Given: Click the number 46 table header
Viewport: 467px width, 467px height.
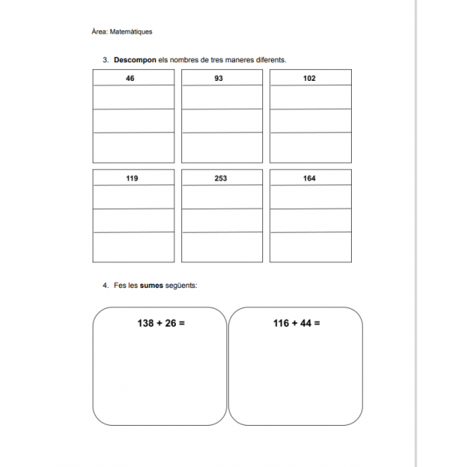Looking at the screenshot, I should click(130, 79).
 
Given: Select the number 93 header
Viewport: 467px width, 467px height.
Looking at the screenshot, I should click(219, 79).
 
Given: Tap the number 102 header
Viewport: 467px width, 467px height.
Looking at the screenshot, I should click(310, 79).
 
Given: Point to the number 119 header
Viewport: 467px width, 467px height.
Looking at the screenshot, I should click(132, 178).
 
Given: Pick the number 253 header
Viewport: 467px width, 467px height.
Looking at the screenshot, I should click(220, 178).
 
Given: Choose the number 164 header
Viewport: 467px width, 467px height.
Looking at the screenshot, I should click(310, 178).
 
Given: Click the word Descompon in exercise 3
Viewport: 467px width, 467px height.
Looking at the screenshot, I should click(135, 60).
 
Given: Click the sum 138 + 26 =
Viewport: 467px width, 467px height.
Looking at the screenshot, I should click(160, 322).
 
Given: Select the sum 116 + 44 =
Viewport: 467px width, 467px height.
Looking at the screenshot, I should click(297, 322).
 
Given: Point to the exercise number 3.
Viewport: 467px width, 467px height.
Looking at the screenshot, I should click(104, 60).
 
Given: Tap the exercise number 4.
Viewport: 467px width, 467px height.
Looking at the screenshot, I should click(104, 285).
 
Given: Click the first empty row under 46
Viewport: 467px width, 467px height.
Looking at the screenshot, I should click(133, 97).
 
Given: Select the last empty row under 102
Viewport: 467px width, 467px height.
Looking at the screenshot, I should click(310, 147).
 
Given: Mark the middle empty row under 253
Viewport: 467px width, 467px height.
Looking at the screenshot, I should click(221, 220).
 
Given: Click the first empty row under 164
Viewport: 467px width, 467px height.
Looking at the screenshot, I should click(310, 197).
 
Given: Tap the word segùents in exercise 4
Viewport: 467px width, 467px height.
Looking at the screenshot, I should click(181, 285).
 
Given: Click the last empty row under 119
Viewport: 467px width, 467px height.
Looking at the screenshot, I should click(133, 247).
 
